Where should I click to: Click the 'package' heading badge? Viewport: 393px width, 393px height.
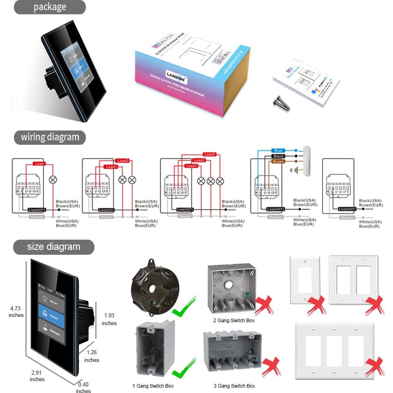[49, 7]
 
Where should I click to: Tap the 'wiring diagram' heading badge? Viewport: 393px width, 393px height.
[50, 137]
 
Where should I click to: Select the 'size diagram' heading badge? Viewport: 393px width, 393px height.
[53, 247]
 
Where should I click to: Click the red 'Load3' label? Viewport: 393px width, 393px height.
[209, 155]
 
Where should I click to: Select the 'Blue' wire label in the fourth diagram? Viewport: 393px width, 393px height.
[278, 151]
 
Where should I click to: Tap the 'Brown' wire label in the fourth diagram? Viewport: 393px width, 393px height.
[278, 162]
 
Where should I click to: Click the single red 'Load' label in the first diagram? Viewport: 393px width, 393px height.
[39, 164]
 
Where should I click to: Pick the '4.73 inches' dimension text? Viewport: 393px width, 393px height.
[16, 312]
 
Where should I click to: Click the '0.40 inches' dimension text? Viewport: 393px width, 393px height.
[83, 387]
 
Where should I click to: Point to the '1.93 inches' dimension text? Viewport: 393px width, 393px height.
[109, 319]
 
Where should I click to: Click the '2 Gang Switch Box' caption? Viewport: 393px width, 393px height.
[234, 321]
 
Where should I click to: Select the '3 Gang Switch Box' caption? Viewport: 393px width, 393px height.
[234, 386]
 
